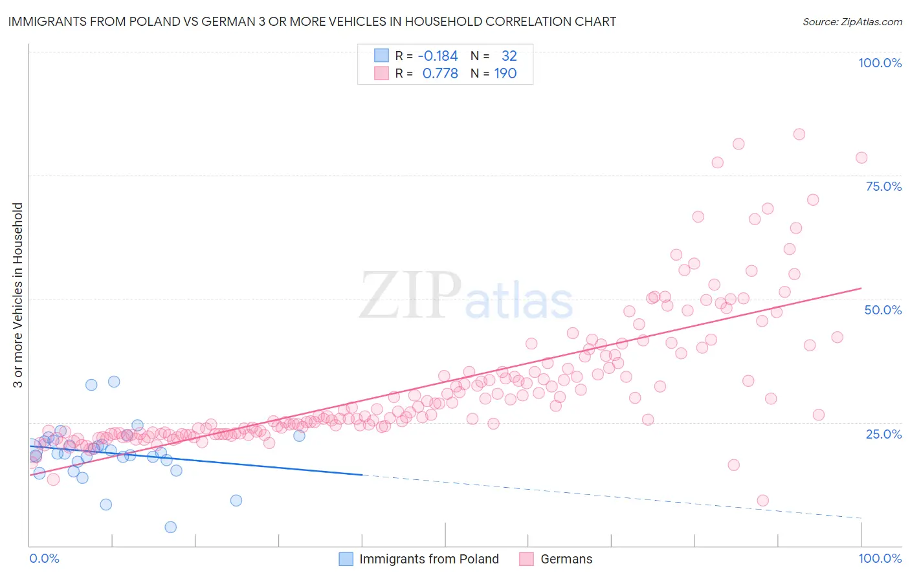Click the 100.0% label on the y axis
(880, 63)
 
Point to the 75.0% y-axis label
(883, 186)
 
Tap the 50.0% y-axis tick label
(883, 310)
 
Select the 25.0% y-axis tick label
(883, 433)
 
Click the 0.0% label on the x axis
(44, 558)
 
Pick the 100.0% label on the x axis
(880, 558)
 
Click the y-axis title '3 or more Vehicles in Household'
(17, 295)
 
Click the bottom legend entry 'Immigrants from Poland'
(428, 559)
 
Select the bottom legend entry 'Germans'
(566, 559)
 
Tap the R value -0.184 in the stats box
(438, 56)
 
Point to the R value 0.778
(440, 74)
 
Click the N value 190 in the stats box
(505, 74)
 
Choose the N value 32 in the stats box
(509, 56)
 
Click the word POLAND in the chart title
(145, 21)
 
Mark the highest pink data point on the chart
(799, 135)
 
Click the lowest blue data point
(171, 527)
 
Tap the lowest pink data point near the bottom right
(763, 501)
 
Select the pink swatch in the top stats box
(381, 74)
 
